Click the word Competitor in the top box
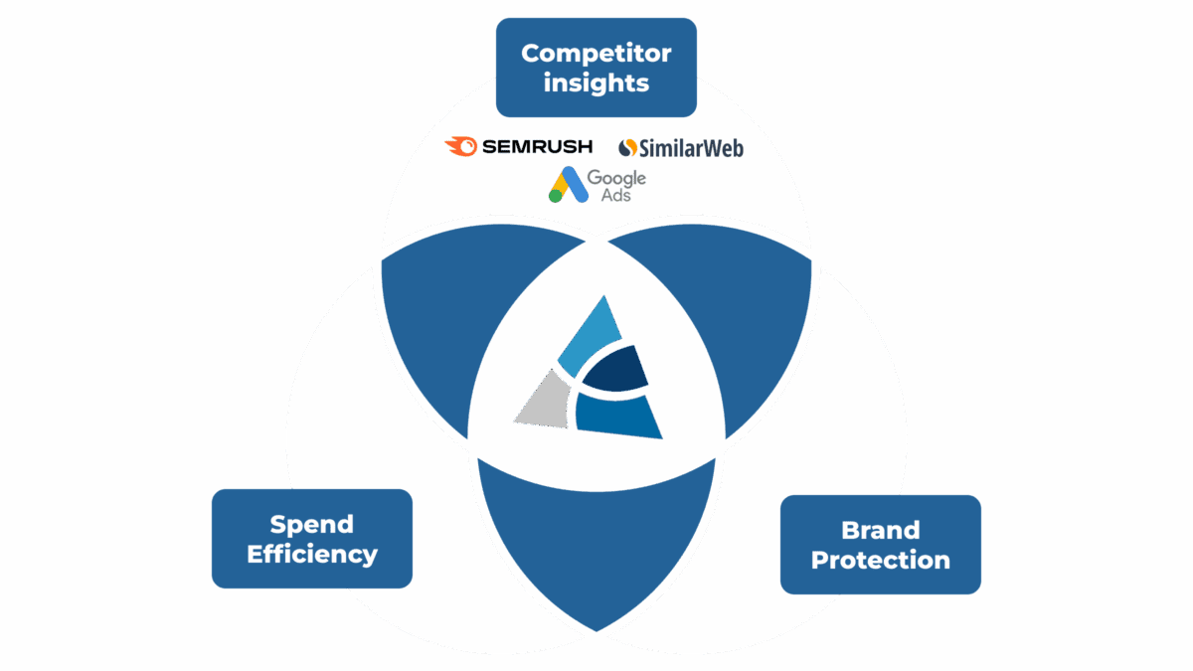[x=596, y=53]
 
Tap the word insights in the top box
[x=596, y=83]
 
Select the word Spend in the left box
[x=311, y=524]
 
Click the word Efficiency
[x=311, y=554]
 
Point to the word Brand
[x=880, y=530]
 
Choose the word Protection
[x=880, y=560]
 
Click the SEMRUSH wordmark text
[x=537, y=147]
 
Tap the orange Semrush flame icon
[x=460, y=147]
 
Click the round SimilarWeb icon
[x=627, y=148]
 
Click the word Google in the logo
[x=616, y=178]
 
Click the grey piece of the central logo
[x=543, y=402]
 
